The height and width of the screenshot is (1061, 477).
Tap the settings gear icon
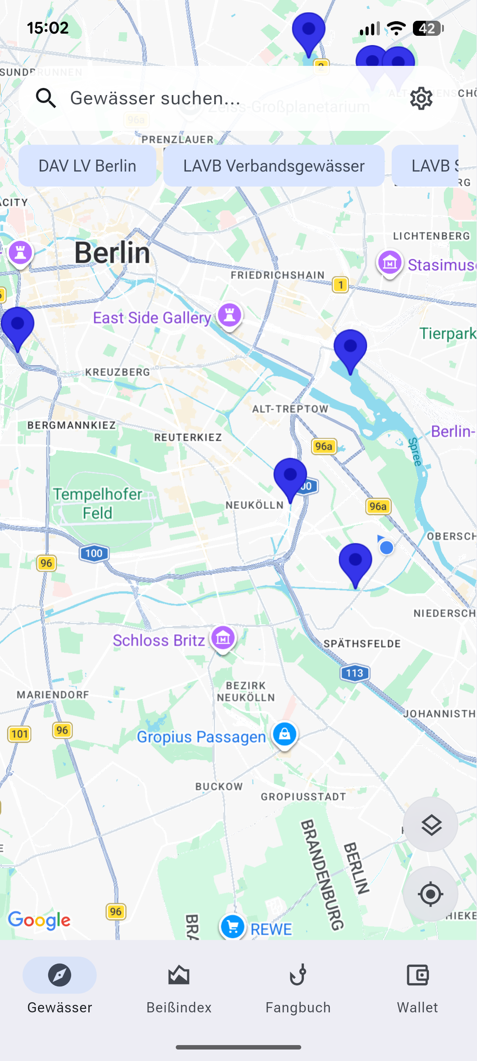[x=421, y=98]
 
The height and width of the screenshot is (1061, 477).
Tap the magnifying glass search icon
[x=46, y=98]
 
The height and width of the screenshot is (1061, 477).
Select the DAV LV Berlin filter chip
[x=87, y=166]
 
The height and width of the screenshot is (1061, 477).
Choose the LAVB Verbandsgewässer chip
[x=274, y=166]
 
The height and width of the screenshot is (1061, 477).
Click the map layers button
[x=431, y=824]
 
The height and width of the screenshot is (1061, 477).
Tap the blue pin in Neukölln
[x=290, y=477]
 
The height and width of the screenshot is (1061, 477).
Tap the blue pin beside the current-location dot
[x=356, y=563]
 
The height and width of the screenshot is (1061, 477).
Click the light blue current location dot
[x=386, y=548]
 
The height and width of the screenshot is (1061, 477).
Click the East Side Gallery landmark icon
[x=229, y=315]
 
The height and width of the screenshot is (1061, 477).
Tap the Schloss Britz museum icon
[x=223, y=638]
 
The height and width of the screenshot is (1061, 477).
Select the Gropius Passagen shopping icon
[x=285, y=734]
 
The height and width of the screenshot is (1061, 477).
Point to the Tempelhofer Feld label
[x=98, y=504]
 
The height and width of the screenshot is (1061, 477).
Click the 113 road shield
[x=355, y=673]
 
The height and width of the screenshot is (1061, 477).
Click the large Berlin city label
[x=112, y=253]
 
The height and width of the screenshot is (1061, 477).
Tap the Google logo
[x=39, y=920]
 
